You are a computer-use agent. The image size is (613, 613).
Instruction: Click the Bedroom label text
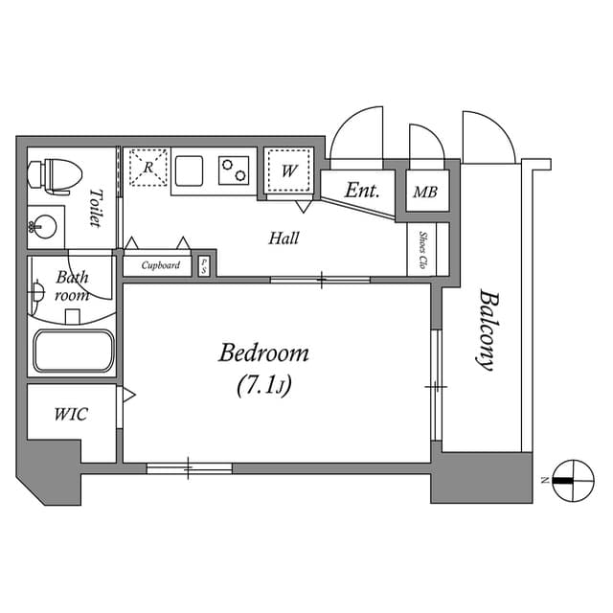[x=263, y=353]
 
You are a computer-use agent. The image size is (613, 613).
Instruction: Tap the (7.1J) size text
[x=263, y=386]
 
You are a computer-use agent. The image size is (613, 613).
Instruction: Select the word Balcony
[x=488, y=330]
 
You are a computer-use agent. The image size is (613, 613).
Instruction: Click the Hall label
[x=283, y=238]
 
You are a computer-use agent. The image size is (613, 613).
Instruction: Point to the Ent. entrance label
[x=362, y=191]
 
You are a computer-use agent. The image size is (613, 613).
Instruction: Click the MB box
[x=424, y=193]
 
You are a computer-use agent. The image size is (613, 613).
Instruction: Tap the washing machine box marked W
[x=288, y=172]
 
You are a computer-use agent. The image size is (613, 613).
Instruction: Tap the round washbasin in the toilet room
[x=42, y=227]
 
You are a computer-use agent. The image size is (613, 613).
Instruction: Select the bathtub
[x=73, y=352]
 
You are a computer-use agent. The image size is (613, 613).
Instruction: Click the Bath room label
[x=72, y=286]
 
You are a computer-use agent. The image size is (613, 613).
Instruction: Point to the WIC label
[x=71, y=415]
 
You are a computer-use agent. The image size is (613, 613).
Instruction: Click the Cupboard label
[x=160, y=265]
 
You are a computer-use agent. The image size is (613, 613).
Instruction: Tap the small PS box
[x=204, y=265]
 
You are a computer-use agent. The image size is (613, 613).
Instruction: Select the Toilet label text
[x=95, y=209]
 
